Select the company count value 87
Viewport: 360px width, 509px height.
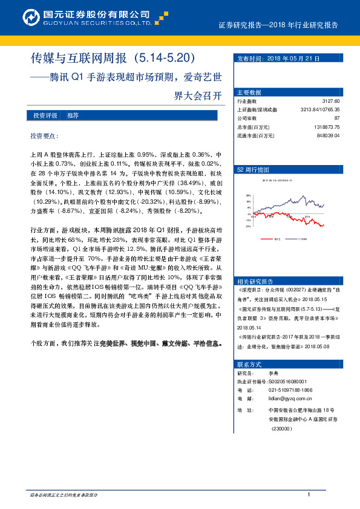click(337, 118)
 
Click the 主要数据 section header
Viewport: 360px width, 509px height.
click(249, 92)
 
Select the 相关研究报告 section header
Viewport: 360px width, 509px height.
click(255, 281)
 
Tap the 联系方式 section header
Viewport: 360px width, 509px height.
click(249, 365)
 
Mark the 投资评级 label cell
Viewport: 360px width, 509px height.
click(45, 115)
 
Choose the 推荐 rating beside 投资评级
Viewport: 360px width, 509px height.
click(73, 115)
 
